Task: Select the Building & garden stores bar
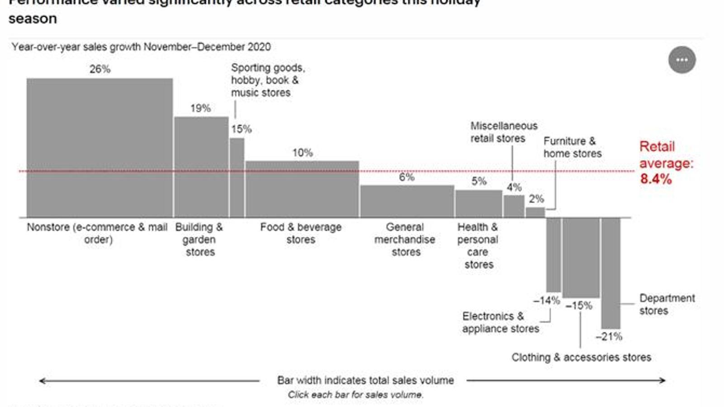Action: point(201,167)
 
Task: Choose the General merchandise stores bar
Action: point(407,201)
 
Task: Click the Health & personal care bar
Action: point(478,203)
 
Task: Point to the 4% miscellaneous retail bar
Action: point(514,206)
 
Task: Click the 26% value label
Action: point(100,69)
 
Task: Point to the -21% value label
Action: point(609,336)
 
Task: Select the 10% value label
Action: point(302,153)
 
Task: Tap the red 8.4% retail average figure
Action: point(656,179)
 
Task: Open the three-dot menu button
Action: point(682,60)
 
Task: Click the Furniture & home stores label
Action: point(572,147)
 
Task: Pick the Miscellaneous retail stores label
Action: point(503,132)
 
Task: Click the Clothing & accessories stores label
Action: point(581,357)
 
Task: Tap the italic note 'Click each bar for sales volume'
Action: point(356,395)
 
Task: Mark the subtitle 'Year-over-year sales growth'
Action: point(141,47)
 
